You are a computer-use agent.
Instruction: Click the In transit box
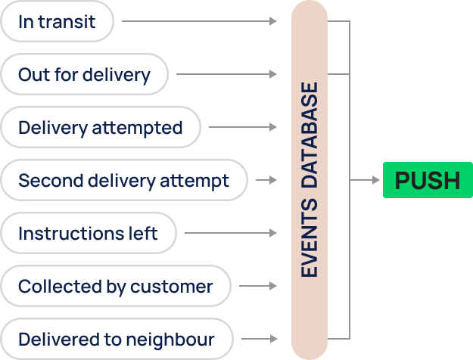pos(58,22)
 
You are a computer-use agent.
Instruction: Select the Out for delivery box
pos(84,75)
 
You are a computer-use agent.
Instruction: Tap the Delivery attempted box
pos(100,128)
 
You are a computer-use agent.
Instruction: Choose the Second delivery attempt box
pos(123,181)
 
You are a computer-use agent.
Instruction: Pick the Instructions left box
pos(88,233)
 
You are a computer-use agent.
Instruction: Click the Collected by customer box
pos(115,287)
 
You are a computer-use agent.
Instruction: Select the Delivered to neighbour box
pos(116,340)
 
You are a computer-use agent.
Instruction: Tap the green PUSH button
pos(428,180)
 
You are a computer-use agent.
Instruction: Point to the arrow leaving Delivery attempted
pos(243,127)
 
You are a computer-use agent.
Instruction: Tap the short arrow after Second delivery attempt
pos(266,181)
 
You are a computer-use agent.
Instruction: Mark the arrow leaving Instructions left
pos(231,233)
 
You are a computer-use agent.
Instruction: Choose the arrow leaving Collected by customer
pos(258,287)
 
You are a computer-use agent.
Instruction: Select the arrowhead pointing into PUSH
pos(376,180)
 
